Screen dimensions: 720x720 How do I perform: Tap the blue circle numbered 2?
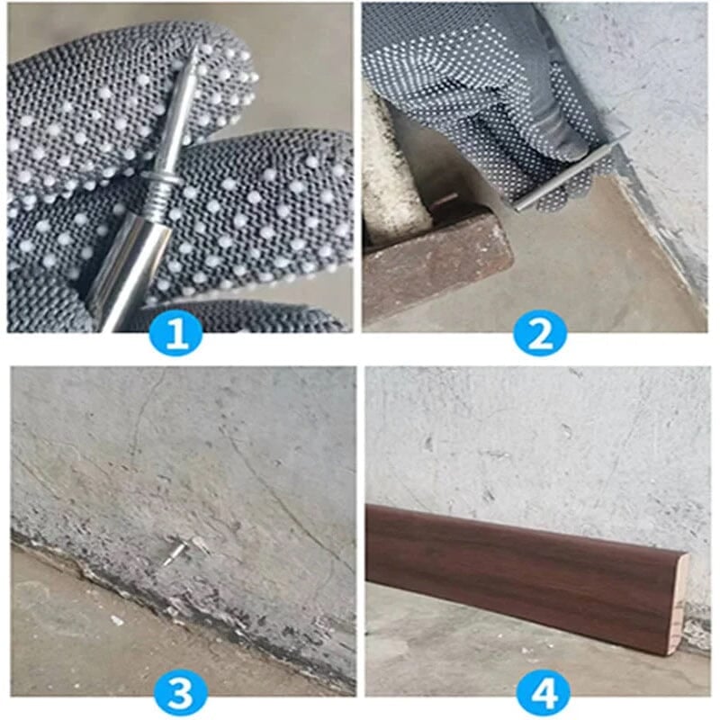pyautogui.click(x=540, y=336)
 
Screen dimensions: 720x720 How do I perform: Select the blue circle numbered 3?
pyautogui.click(x=179, y=694)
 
